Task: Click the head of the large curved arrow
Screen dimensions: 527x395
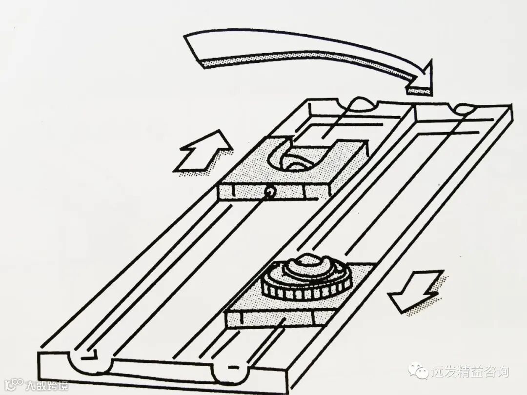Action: (x=421, y=78)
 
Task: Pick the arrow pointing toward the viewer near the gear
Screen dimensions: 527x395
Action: (x=415, y=290)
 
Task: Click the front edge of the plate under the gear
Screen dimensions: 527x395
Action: (x=274, y=320)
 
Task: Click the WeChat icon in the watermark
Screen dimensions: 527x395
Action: (x=419, y=372)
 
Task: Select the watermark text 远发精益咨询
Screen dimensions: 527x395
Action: (x=469, y=372)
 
